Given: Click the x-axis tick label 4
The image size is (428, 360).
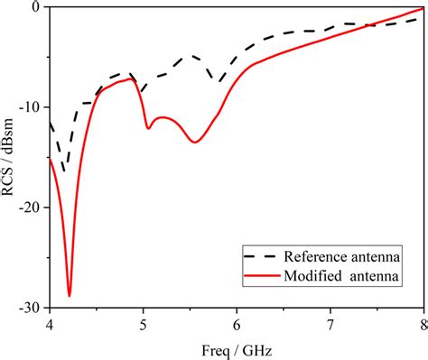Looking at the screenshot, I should [x=50, y=323].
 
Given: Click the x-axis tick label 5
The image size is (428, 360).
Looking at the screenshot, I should [x=143, y=323].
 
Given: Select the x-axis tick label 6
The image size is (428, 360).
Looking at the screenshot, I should [x=237, y=323].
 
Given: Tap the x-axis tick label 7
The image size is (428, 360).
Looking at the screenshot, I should [x=330, y=323].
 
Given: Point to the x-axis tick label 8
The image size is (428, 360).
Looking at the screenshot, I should [x=422, y=323].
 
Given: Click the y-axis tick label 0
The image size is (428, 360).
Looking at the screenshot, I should [x=36, y=7].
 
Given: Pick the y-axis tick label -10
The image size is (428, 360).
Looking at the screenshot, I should [x=30, y=107].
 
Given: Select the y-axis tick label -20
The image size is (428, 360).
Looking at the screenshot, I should [x=30, y=208].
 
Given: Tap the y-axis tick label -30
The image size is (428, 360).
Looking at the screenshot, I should [x=30, y=308].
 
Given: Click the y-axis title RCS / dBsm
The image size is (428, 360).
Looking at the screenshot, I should [x=10, y=157].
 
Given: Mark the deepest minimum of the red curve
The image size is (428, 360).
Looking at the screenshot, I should [x=70, y=295].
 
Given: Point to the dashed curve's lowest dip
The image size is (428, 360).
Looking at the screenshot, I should [x=65, y=170].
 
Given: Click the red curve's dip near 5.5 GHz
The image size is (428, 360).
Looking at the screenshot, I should [x=194, y=142].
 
